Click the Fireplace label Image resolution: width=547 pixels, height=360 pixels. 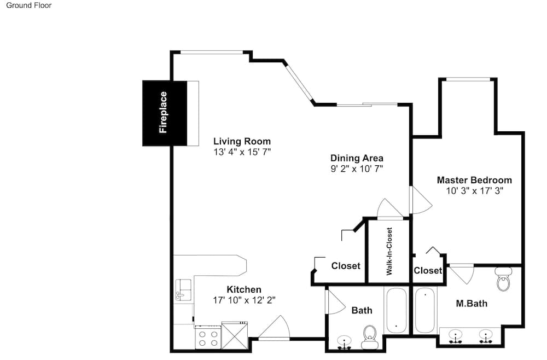[163, 112]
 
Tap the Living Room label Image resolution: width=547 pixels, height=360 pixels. [242, 141]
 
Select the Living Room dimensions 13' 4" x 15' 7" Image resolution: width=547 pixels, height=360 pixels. [242, 152]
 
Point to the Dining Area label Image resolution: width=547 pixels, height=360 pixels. [357, 158]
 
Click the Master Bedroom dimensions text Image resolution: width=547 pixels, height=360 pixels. [474, 191]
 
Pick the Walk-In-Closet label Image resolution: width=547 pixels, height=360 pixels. [389, 251]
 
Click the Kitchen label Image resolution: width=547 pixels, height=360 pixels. [244, 289]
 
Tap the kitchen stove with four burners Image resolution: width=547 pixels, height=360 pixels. [208, 338]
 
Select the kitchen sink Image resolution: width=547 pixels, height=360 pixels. [183, 290]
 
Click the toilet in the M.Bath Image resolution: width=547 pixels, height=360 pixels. [503, 279]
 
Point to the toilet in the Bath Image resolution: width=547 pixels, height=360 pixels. [370, 338]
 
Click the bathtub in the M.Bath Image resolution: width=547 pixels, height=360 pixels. [425, 310]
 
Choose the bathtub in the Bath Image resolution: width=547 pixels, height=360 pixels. [396, 310]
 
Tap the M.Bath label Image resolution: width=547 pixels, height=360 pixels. [472, 304]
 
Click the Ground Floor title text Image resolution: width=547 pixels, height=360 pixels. [29, 5]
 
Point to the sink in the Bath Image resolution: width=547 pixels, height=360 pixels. [345, 342]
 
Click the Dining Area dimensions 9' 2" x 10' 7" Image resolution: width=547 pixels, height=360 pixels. [357, 169]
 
